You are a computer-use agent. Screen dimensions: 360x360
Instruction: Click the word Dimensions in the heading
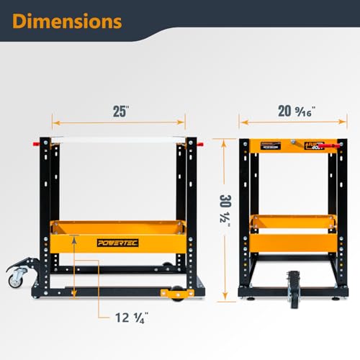[67, 21]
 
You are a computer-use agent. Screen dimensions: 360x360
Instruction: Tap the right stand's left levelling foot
[246, 293]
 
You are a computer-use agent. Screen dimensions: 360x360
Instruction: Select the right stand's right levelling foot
[332, 294]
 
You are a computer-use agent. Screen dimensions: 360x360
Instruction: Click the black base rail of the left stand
[108, 292]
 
